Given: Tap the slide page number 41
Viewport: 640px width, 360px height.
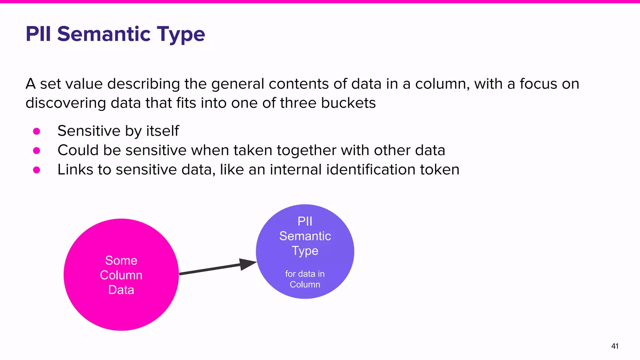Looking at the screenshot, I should (615, 346).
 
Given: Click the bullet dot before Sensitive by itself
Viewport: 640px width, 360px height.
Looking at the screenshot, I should (37, 131).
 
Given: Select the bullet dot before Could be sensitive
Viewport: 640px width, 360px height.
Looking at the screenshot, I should (37, 151).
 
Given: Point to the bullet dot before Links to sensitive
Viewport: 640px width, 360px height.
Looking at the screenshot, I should (37, 170).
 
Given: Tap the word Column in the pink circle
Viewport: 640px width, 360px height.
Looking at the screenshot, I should (121, 275).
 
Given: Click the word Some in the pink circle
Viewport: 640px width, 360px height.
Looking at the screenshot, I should (121, 260).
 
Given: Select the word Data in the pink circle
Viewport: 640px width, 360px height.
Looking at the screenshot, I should (121, 290).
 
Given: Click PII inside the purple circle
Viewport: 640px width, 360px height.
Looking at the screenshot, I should (305, 221).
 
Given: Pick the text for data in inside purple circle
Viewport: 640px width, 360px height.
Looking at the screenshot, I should (305, 274).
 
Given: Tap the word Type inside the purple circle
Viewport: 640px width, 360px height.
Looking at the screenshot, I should (305, 251).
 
